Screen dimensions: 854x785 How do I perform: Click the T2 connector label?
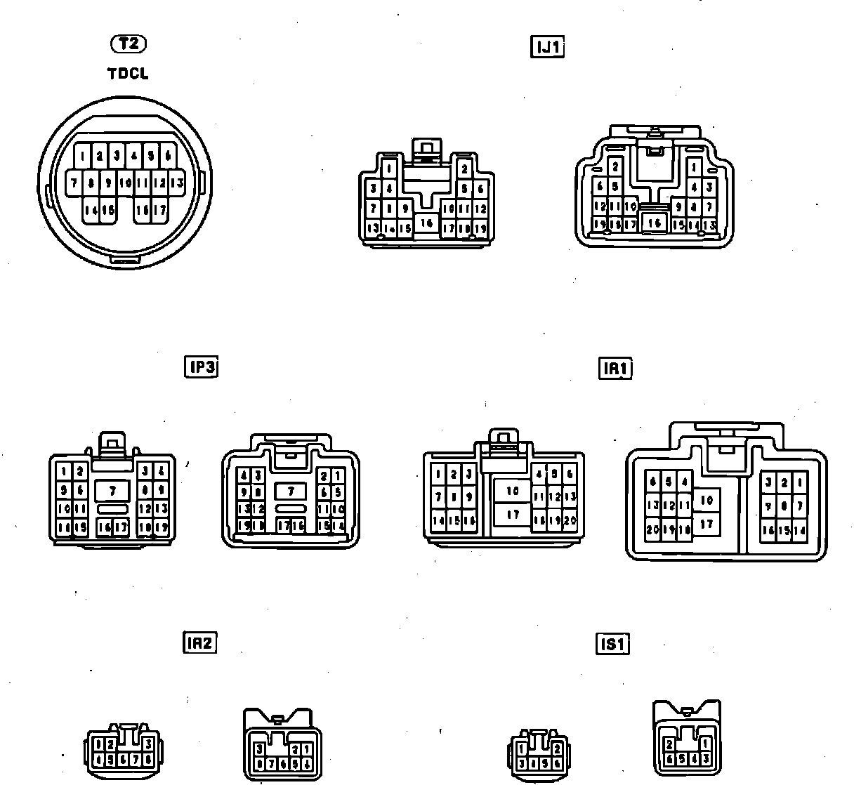click(x=129, y=44)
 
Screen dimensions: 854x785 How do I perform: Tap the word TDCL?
click(x=128, y=73)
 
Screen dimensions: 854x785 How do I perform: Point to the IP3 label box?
click(x=201, y=367)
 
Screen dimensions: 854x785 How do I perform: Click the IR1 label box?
click(x=615, y=369)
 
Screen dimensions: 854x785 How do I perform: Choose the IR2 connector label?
click(x=199, y=642)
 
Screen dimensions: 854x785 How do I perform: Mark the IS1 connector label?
click(x=612, y=644)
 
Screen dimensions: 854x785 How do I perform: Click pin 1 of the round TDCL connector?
click(x=83, y=156)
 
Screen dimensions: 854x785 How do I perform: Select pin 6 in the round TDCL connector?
click(x=169, y=156)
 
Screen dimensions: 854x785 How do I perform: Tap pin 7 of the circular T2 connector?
click(x=74, y=183)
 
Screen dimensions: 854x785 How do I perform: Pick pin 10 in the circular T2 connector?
click(x=125, y=183)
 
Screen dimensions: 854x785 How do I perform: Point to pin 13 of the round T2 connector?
click(x=177, y=183)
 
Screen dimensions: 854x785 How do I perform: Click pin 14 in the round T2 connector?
click(x=91, y=210)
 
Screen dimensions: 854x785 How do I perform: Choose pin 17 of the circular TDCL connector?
click(x=160, y=210)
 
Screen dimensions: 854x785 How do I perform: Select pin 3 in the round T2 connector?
click(x=117, y=156)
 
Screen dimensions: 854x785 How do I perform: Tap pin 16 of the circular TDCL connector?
click(x=143, y=210)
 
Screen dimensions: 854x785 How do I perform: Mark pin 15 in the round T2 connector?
click(x=108, y=210)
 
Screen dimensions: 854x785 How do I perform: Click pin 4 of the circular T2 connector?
click(x=134, y=156)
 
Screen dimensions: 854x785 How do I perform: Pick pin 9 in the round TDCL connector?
click(x=108, y=183)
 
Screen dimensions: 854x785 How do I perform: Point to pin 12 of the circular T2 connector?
click(x=159, y=183)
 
